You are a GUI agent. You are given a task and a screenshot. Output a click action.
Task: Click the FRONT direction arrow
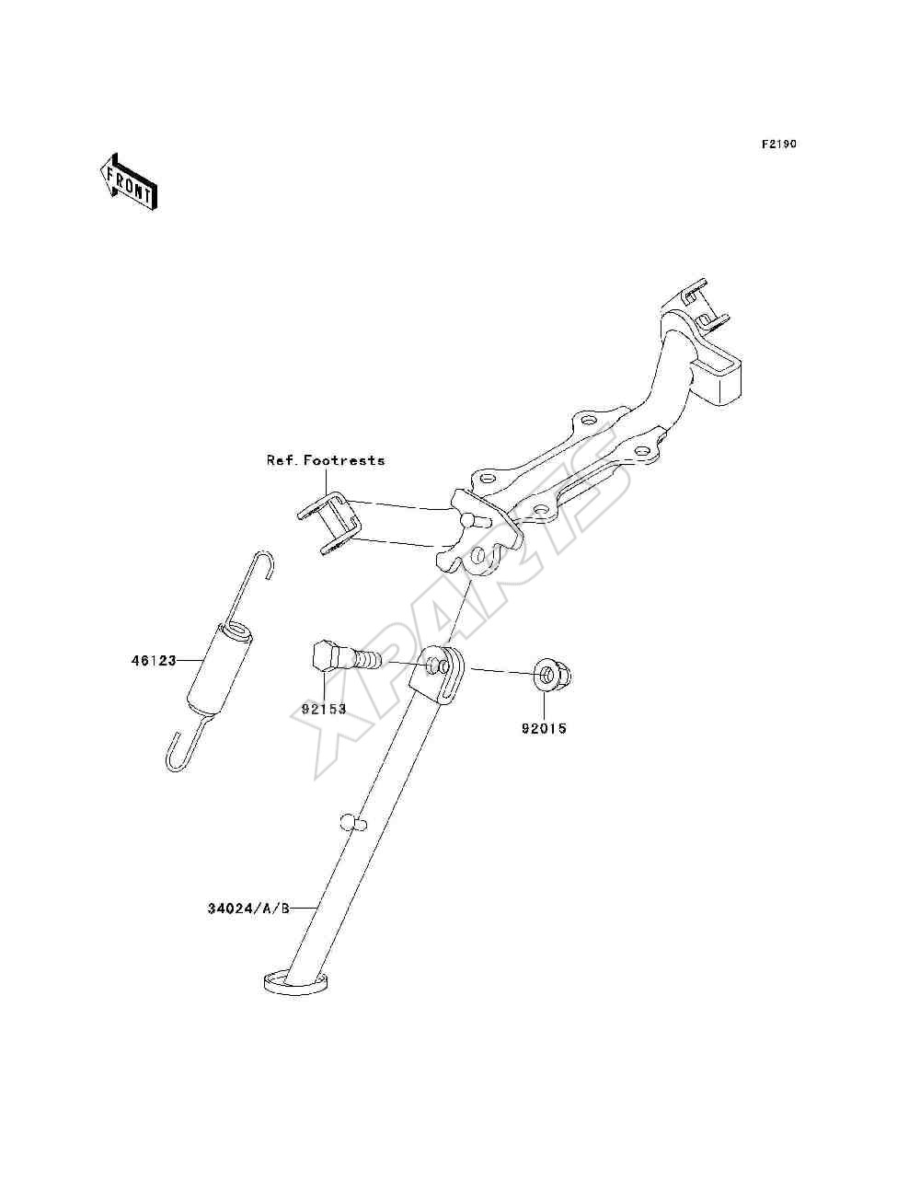click(129, 182)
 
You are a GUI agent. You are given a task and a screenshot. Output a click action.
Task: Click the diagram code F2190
click(779, 145)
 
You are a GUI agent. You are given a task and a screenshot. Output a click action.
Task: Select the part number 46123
click(154, 661)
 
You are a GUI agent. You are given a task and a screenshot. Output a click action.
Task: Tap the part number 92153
click(324, 709)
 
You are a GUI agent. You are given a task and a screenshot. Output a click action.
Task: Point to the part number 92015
click(544, 729)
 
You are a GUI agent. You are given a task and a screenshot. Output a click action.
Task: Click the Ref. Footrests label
click(326, 460)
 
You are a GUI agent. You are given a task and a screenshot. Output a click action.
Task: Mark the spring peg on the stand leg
click(353, 838)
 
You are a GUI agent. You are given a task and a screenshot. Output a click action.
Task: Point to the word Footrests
click(344, 460)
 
